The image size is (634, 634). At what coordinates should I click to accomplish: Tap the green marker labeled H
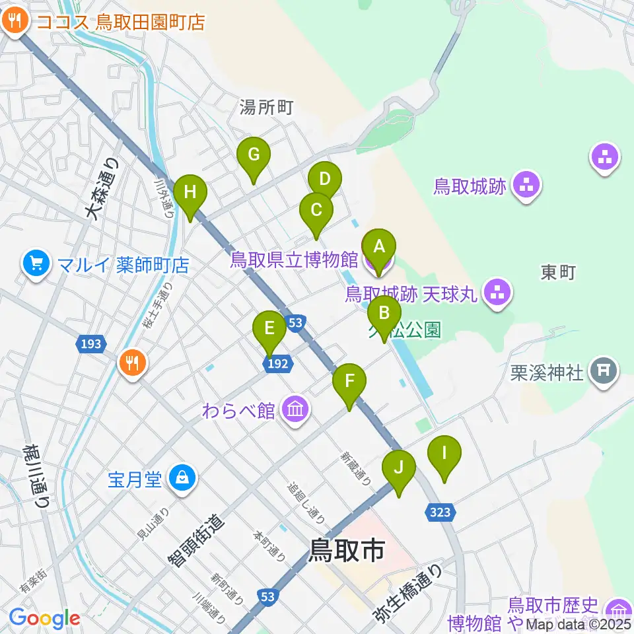pos(190,194)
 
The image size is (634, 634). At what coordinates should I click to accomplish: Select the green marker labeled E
pos(269,329)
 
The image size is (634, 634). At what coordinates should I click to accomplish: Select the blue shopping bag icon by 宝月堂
pos(182,479)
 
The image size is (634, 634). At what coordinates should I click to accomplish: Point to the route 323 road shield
pos(440,512)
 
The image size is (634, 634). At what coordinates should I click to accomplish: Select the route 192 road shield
pos(277,363)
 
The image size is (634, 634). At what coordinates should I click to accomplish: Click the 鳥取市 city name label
pos(347,549)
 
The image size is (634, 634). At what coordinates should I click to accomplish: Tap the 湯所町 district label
pos(267,106)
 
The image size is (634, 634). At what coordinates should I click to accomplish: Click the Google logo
pos(45,618)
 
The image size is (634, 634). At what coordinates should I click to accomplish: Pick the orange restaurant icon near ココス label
pos(15,22)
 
